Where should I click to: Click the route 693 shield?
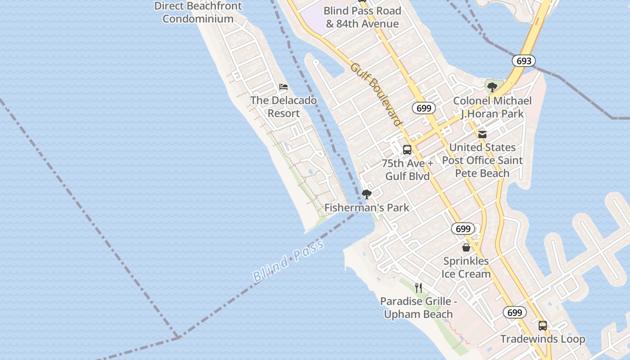coord(524,61)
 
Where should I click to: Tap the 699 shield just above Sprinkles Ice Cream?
coord(463,229)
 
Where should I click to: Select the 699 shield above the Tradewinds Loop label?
coord(514,313)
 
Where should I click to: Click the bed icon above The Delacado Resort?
coord(283,87)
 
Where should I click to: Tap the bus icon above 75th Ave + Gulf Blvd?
coord(407,150)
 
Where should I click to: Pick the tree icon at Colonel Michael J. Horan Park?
coord(492,87)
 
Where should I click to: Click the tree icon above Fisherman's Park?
coord(367,194)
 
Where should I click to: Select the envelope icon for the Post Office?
coord(482,134)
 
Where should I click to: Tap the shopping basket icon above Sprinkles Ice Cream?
coord(466,247)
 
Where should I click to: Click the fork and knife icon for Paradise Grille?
coord(418,288)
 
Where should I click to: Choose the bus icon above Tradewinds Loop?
coord(543,325)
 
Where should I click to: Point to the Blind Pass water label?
coord(288,261)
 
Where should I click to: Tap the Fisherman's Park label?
coord(367,207)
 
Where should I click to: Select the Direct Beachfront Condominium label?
coord(198,12)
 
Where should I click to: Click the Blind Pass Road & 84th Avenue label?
coord(362,17)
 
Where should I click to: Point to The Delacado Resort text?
coord(283,107)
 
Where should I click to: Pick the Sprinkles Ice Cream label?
coord(466,267)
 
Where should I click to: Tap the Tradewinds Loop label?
coord(543,339)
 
